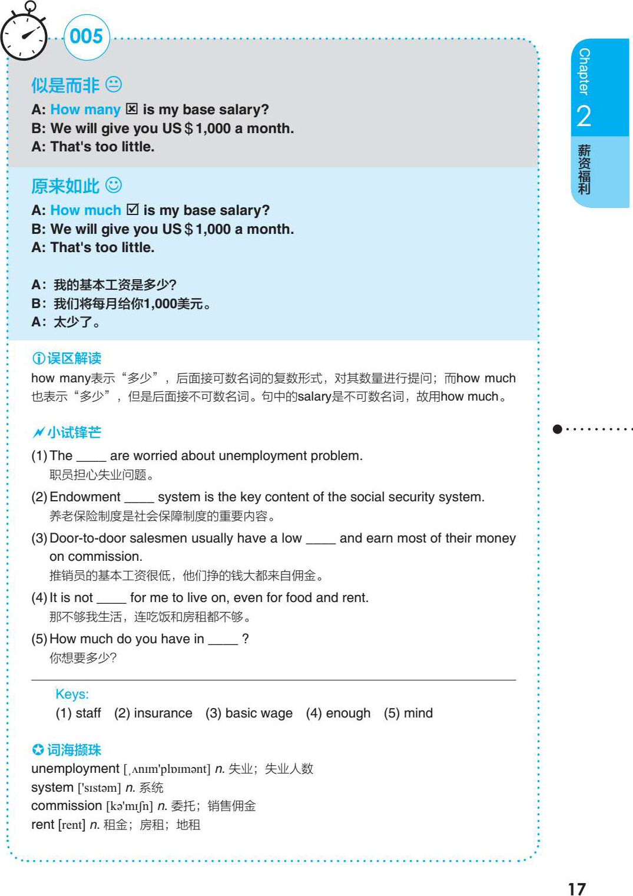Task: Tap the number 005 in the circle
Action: [86, 37]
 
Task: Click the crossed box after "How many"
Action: [132, 109]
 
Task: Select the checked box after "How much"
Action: [132, 210]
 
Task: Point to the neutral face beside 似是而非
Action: [114, 84]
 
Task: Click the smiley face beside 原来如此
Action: [114, 185]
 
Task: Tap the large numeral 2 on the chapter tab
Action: [584, 116]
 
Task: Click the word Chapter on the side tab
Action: [584, 71]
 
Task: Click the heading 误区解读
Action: [74, 358]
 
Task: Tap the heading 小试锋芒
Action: [74, 432]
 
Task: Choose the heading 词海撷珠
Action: [74, 750]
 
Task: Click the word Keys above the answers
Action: [72, 694]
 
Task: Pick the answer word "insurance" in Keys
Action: [163, 713]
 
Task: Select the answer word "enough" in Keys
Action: [348, 713]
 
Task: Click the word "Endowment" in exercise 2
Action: [85, 497]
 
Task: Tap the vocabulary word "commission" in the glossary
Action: [67, 806]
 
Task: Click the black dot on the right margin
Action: [557, 429]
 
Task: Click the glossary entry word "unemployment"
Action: [75, 769]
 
